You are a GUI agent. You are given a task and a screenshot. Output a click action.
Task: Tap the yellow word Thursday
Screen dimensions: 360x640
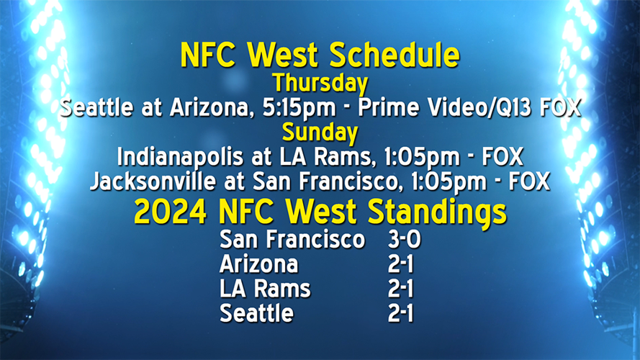click(320, 83)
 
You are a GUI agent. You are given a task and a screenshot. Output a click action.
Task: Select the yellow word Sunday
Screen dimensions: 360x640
click(320, 132)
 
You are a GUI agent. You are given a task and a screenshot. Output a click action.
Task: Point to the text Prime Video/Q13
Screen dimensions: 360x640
click(443, 108)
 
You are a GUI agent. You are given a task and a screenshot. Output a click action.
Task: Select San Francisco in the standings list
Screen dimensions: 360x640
click(292, 240)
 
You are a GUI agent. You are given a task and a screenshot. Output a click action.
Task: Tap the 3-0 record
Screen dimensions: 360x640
click(404, 240)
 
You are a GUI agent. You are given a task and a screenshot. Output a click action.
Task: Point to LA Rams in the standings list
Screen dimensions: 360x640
click(265, 289)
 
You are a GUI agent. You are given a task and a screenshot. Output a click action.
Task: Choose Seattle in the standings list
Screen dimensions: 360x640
click(256, 313)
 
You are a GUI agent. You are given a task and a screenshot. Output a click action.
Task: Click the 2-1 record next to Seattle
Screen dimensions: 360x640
click(400, 313)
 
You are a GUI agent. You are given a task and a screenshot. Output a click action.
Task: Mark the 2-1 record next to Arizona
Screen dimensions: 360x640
click(400, 264)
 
